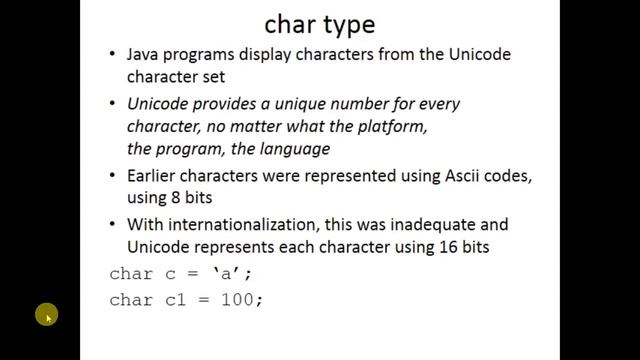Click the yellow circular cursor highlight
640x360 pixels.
pos(46,316)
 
